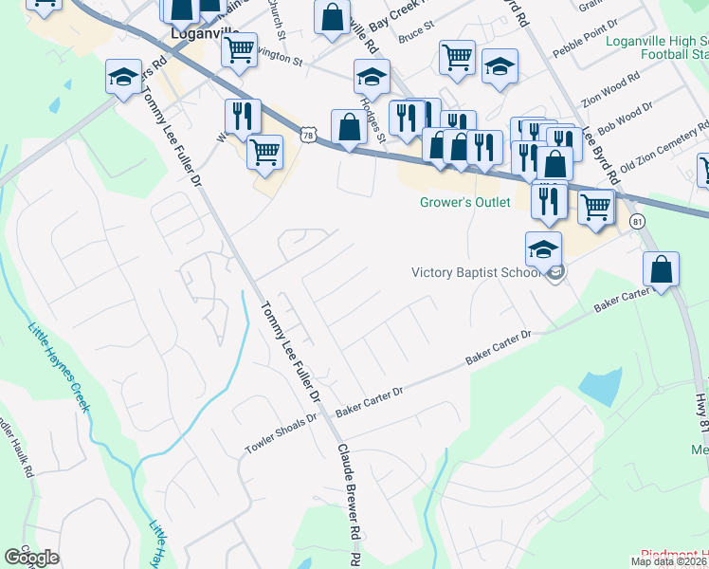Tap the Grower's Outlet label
(x=465, y=202)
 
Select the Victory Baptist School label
(x=477, y=273)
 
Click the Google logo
(x=31, y=558)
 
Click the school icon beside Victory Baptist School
(x=543, y=250)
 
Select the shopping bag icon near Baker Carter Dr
(x=662, y=269)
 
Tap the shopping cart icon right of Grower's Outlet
(x=595, y=206)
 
